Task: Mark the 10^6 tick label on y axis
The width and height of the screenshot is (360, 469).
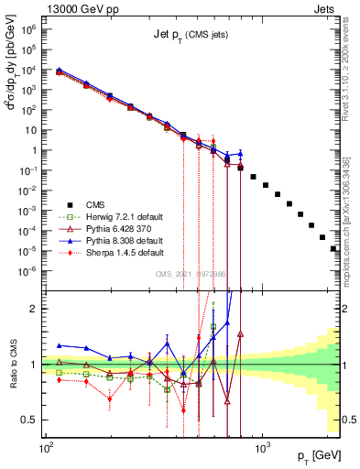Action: point(30,29)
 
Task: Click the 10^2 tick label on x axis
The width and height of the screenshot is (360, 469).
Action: point(46,446)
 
